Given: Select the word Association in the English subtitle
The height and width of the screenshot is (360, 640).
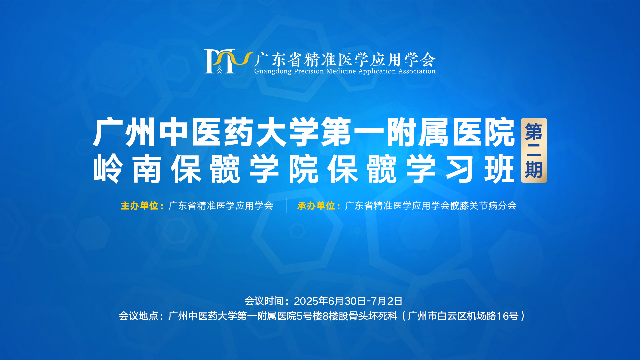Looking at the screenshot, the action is click(x=417, y=71).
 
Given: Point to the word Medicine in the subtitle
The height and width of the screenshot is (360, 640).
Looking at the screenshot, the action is click(x=341, y=71).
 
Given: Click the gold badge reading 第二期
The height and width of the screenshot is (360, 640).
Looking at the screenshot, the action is click(x=534, y=150).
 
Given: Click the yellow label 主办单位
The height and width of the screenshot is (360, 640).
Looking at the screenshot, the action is click(x=139, y=206).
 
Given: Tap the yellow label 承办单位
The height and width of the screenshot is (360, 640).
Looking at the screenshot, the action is click(x=316, y=206).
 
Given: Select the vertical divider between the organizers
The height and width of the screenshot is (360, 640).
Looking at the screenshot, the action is click(x=286, y=205).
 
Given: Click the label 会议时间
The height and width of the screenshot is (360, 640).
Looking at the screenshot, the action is click(x=264, y=301).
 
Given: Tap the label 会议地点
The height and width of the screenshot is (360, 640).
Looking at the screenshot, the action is click(x=138, y=316).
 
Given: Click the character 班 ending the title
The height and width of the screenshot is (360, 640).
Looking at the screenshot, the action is click(x=499, y=169).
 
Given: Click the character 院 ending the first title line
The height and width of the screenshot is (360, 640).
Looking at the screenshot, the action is click(x=500, y=132).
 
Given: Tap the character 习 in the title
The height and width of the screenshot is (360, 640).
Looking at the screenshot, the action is click(x=460, y=169).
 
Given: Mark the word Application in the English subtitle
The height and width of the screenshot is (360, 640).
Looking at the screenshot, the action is click(x=377, y=71).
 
